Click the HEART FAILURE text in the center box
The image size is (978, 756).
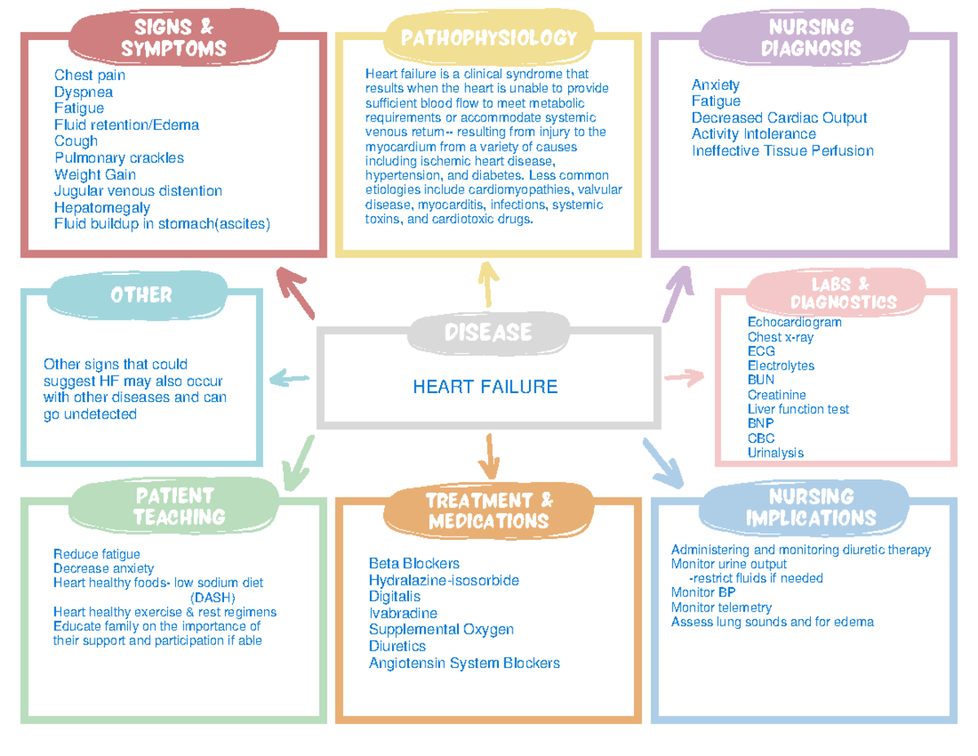(485, 387)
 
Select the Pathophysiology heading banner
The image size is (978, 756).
(489, 37)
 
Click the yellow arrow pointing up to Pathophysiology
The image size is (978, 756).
(488, 284)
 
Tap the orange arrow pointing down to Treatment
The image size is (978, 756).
(489, 457)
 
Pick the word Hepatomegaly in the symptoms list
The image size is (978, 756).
(102, 207)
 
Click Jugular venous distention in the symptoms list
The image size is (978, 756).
(138, 191)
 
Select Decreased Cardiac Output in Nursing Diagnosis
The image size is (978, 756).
(778, 117)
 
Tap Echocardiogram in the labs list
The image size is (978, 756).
(794, 322)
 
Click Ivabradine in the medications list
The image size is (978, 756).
(403, 612)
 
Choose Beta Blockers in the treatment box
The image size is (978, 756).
(414, 564)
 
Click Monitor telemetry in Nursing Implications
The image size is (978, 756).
(720, 607)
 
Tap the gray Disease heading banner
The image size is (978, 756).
(488, 332)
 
